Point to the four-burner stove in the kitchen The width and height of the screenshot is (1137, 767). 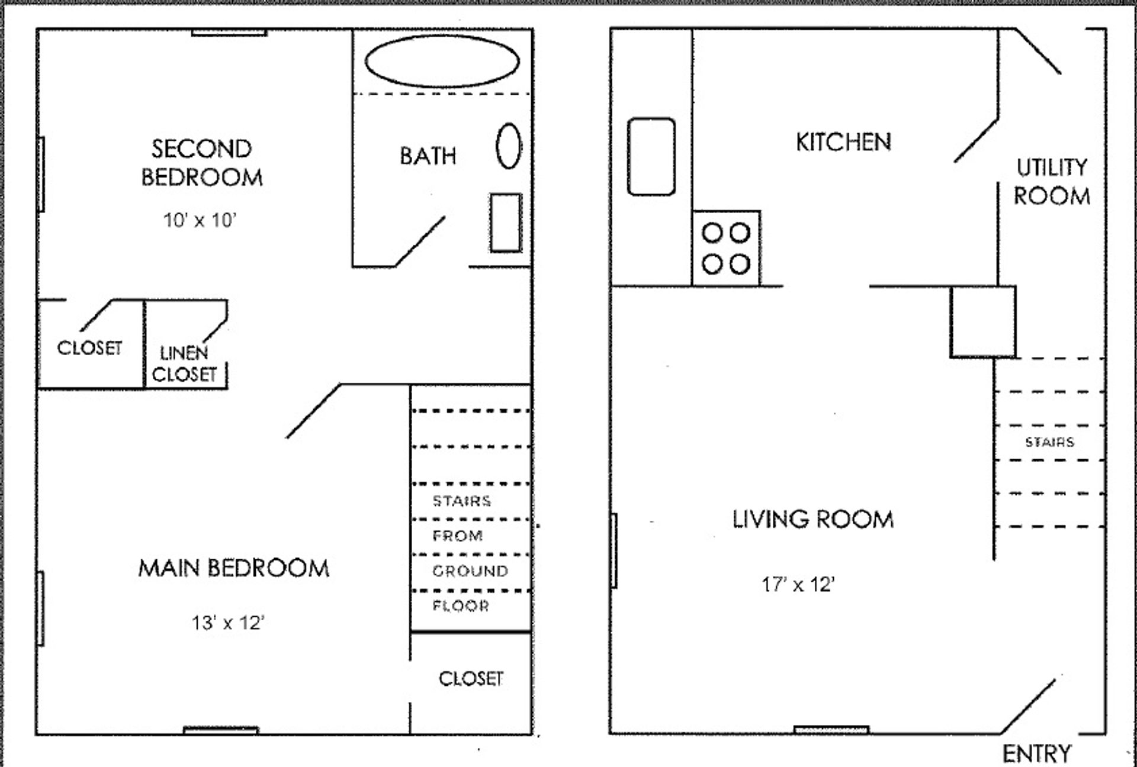pyautogui.click(x=726, y=248)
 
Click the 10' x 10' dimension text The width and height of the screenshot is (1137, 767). pyautogui.click(x=200, y=220)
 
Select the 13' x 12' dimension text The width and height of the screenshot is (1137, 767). pyautogui.click(x=227, y=623)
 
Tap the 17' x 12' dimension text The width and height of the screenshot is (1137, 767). pyautogui.click(x=798, y=585)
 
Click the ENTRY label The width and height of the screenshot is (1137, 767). pyautogui.click(x=1036, y=754)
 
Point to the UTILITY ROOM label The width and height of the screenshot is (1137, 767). pyautogui.click(x=1052, y=182)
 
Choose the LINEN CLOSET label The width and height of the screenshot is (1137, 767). pyautogui.click(x=185, y=363)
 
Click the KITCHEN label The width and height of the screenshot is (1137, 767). pyautogui.click(x=843, y=142)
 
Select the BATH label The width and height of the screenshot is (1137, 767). pyautogui.click(x=428, y=156)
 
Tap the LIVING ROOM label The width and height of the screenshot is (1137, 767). pyautogui.click(x=813, y=519)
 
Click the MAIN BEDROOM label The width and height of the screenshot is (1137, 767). pyautogui.click(x=234, y=568)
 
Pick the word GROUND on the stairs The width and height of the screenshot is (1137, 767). pyautogui.click(x=470, y=571)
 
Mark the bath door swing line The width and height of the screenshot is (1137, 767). pyautogui.click(x=419, y=241)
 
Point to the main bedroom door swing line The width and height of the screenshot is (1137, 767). pyautogui.click(x=313, y=411)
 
